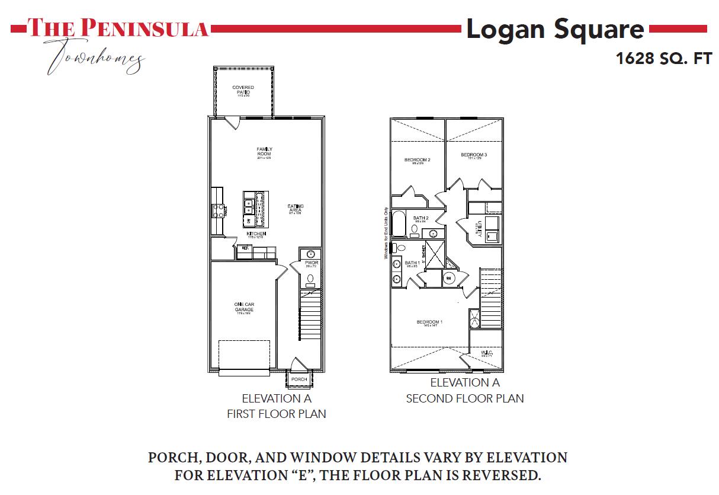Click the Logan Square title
point(555,29)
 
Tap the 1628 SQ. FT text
point(663,59)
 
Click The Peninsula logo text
point(118,27)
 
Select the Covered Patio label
point(243,90)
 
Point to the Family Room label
point(264,152)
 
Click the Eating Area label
point(296,209)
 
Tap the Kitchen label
point(256,234)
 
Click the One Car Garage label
point(244,307)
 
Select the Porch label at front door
point(299,379)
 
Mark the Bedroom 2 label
point(417,160)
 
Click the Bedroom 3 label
point(474,155)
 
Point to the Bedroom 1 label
point(429,322)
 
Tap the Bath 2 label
point(421,218)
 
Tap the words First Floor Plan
point(277,414)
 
